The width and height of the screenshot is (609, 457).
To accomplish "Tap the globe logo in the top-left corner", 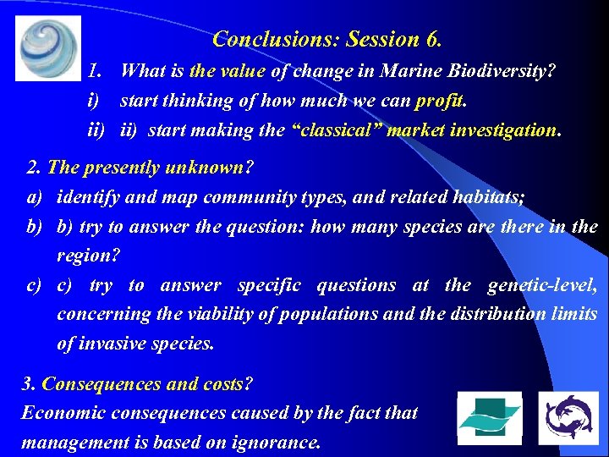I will click(x=48, y=48).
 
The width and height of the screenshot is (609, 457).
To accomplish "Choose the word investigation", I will click(x=504, y=130).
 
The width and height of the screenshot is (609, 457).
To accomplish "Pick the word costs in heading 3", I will click(x=222, y=383).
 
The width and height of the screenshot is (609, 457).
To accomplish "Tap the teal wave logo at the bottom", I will click(x=489, y=418).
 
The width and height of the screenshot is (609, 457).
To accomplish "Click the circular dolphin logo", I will click(x=568, y=418).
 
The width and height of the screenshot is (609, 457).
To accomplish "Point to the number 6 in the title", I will click(x=434, y=39).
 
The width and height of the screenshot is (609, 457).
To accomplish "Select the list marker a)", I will click(x=35, y=196).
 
